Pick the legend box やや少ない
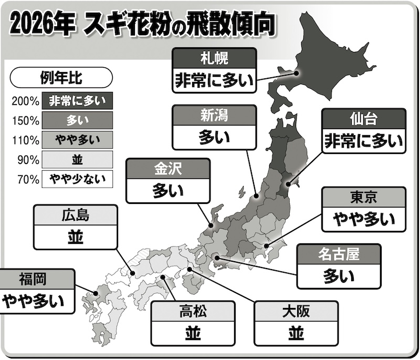(x=78, y=179)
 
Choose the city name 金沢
(x=168, y=169)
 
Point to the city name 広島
(x=75, y=214)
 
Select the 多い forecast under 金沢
(x=168, y=191)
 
